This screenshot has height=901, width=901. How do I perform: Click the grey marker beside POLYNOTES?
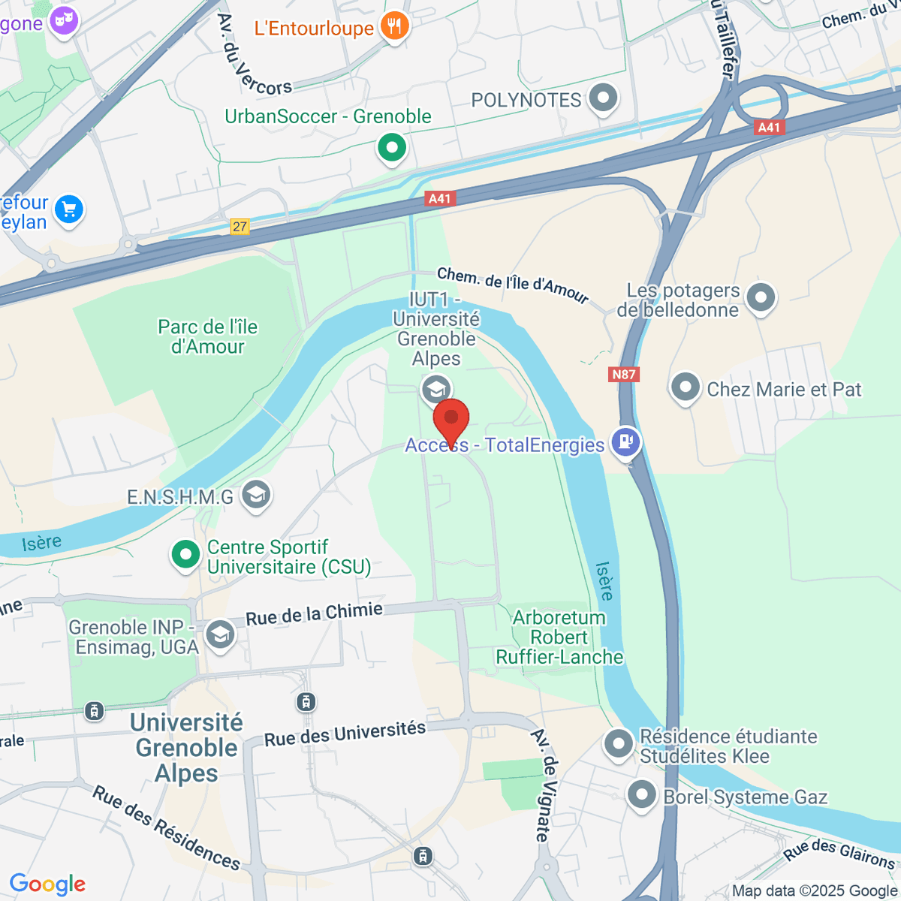click(603, 98)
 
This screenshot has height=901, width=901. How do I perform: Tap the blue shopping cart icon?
click(69, 209)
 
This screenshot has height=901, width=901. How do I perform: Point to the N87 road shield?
click(624, 375)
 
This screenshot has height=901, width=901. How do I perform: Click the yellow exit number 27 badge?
click(240, 226)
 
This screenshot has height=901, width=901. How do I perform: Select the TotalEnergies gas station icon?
click(625, 441)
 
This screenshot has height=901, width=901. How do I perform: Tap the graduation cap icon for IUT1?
click(435, 390)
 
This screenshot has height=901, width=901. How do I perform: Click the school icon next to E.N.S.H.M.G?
click(257, 495)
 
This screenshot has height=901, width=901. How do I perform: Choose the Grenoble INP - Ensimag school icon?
click(220, 634)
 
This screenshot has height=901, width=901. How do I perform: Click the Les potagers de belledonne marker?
click(761, 297)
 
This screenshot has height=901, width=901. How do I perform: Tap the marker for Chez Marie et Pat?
click(685, 388)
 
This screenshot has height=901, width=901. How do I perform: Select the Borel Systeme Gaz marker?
click(641, 796)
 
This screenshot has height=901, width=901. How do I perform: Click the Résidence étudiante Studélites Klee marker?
click(619, 744)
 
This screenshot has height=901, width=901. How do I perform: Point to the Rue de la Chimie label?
click(314, 613)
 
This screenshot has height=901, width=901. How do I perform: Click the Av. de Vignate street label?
click(546, 784)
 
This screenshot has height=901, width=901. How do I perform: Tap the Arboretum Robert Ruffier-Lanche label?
click(559, 637)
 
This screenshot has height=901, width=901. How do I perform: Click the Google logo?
click(47, 884)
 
